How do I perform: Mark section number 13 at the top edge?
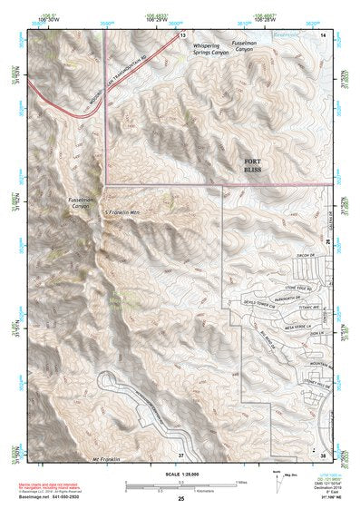coord(182,34)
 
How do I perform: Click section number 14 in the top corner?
coord(324,34)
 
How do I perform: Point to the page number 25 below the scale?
coord(180,499)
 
